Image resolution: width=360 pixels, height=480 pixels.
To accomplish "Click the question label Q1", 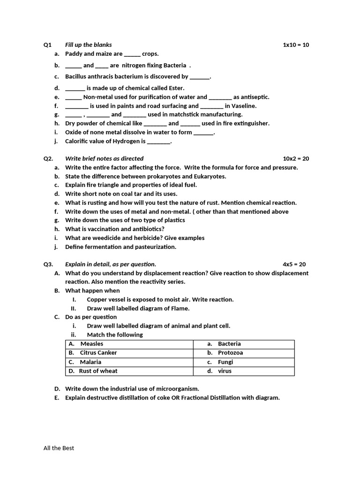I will click(47, 45).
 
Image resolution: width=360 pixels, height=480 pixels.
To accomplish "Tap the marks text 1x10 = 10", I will click(296, 45).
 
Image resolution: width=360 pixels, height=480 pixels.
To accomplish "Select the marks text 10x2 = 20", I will click(296, 158).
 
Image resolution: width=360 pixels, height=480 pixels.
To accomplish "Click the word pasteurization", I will click(152, 247).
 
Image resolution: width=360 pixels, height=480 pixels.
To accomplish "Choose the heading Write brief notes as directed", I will click(104, 158).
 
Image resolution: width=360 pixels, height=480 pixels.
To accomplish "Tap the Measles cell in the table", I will click(91, 344).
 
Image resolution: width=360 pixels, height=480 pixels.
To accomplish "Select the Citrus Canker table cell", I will click(98, 353).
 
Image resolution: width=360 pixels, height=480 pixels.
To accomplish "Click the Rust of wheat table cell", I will click(98, 371).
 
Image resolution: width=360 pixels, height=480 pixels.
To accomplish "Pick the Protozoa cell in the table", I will click(230, 353).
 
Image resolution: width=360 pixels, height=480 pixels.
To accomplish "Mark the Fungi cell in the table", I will click(225, 362).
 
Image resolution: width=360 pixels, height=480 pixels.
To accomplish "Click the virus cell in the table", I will click(225, 371).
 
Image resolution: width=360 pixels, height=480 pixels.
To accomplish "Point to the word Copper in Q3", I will click(97, 300).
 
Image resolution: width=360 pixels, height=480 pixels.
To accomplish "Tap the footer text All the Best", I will click(59, 448).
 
